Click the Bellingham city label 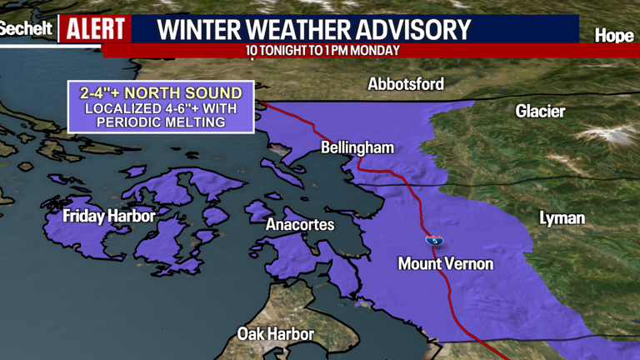357,147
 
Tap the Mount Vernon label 445,264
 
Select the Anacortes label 300,225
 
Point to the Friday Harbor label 109,217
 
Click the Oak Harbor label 276,334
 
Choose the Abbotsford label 406,84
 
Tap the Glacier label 540,111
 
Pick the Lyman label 562,218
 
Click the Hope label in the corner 615,36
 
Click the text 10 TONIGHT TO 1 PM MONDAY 323,51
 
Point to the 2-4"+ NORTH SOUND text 161,92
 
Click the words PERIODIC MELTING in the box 161,122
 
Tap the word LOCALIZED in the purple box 117,107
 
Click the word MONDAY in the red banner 376,51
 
